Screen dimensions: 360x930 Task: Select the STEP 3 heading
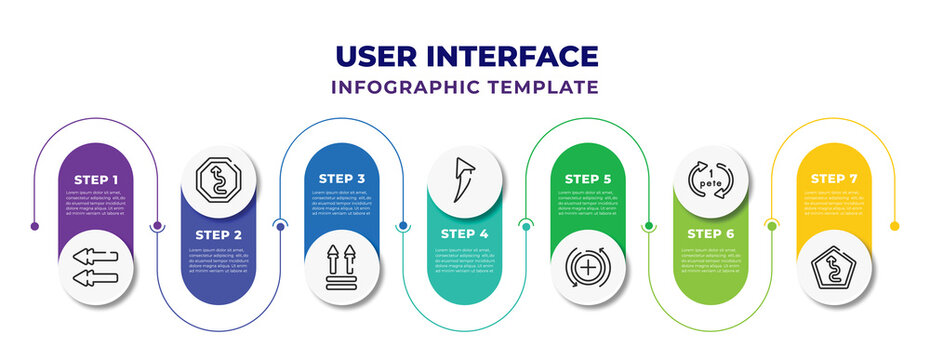[x=342, y=178]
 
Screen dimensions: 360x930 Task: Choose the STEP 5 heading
[x=588, y=178]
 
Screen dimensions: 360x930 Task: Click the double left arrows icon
[x=96, y=266]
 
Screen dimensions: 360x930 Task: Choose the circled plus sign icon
[x=588, y=268]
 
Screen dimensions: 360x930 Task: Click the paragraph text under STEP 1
[x=96, y=203]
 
